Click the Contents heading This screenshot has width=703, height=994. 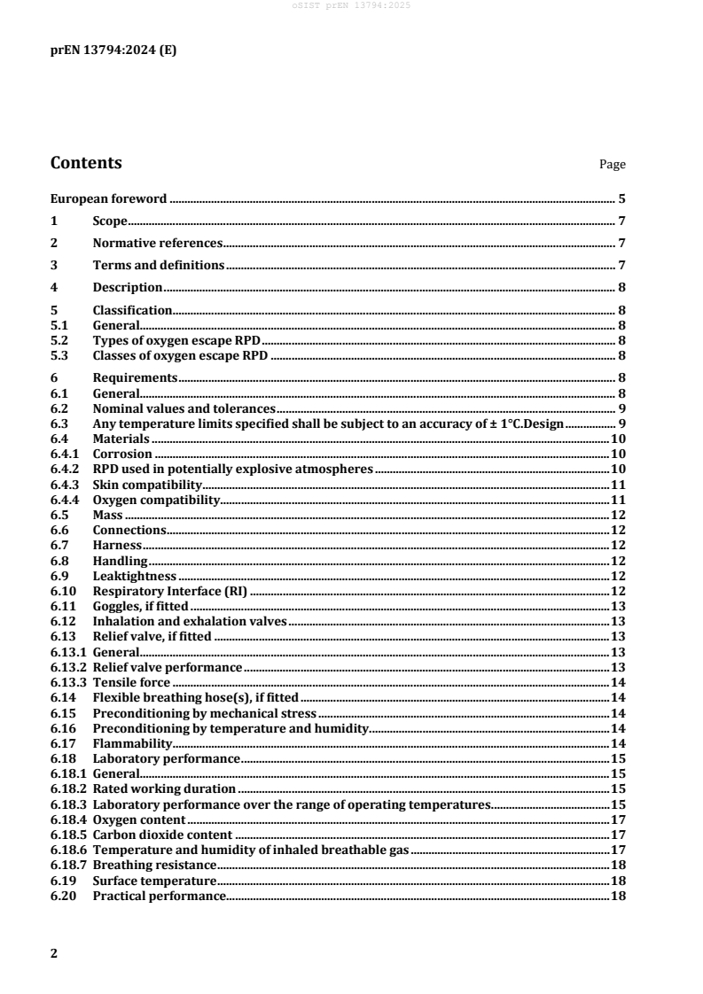point(87,163)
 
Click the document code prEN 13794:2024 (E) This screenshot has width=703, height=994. point(113,50)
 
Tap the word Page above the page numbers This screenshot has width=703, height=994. point(613,165)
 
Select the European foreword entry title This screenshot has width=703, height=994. point(109,198)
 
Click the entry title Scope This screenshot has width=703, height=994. point(110,221)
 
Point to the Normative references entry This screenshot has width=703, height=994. point(157,243)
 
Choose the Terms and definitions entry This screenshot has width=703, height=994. point(158,265)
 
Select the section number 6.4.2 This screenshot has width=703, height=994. point(65,468)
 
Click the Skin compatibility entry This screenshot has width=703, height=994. point(148,485)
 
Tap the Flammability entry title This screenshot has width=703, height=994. point(126,743)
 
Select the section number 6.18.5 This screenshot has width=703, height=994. point(68,835)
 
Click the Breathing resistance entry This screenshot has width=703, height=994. point(154,865)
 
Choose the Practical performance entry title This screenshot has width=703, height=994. point(159,896)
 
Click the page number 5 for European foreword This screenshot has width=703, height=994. point(622,198)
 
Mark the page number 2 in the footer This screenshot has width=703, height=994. point(54,953)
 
